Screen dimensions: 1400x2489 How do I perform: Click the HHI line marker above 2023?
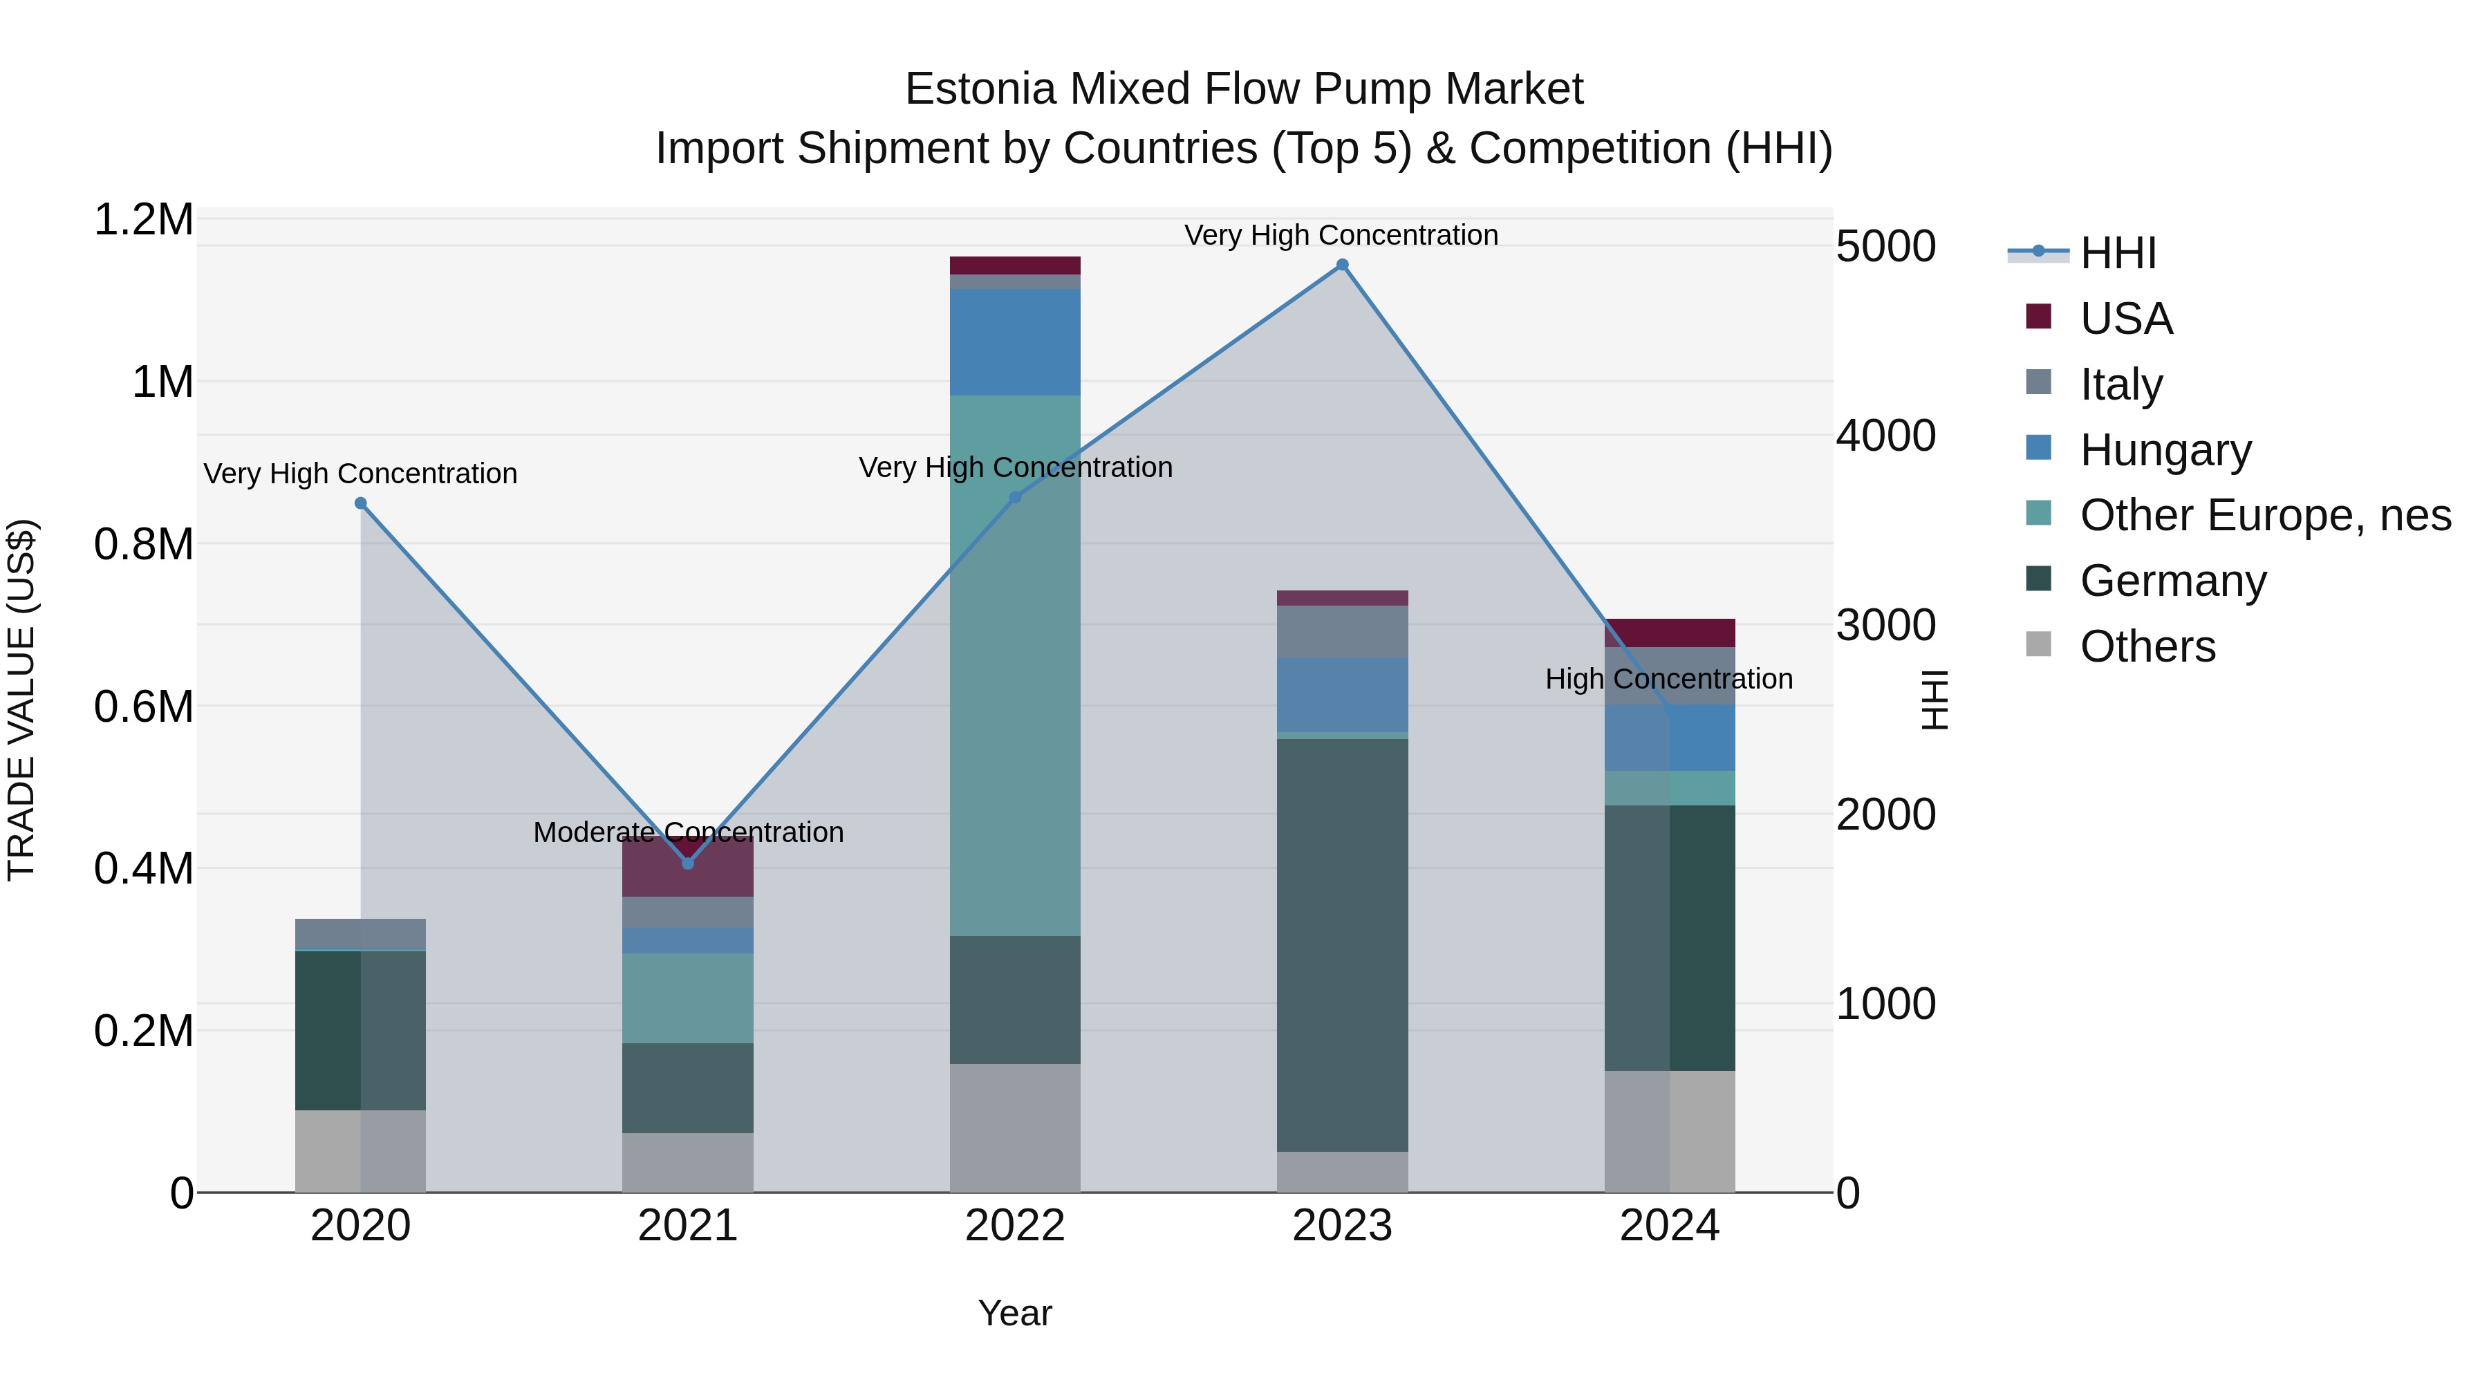(1342, 265)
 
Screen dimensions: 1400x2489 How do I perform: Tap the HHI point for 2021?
(688, 864)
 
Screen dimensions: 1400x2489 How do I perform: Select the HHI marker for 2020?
(360, 503)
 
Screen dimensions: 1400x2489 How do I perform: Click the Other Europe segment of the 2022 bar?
(1014, 666)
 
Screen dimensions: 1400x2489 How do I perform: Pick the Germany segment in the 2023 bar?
(1342, 945)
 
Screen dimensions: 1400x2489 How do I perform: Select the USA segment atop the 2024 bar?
(1670, 633)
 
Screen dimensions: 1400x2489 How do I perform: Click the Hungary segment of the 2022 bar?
(1014, 342)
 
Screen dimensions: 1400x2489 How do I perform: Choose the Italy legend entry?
(2121, 384)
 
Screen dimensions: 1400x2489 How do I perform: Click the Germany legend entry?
(2172, 581)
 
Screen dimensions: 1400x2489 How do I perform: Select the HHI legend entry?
(2117, 253)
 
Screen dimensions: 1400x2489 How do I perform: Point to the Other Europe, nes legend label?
(2265, 515)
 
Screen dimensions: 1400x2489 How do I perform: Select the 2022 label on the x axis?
(1014, 1226)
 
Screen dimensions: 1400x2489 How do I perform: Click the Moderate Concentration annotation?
(688, 832)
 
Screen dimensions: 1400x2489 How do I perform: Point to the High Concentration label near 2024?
(1669, 679)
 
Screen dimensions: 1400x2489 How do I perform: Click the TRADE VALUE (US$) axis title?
(21, 700)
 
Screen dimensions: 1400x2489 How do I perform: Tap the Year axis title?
(1014, 1313)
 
